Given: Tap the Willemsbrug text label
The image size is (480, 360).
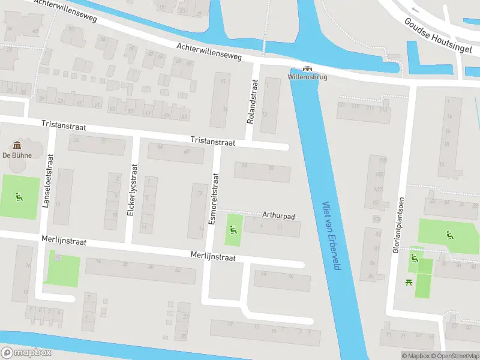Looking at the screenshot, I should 307,77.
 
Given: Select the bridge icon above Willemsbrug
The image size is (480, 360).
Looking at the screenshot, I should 307,68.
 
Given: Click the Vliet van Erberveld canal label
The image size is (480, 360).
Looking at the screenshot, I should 331,235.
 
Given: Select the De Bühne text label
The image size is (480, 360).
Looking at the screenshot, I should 17,155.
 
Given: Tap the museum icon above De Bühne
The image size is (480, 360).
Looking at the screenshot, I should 17,145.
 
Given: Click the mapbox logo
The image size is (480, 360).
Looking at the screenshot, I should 26,353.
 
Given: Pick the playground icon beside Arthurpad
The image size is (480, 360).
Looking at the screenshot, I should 233,229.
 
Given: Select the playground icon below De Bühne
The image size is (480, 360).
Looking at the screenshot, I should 19,196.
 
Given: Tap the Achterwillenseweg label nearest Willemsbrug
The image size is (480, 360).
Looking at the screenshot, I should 209,52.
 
